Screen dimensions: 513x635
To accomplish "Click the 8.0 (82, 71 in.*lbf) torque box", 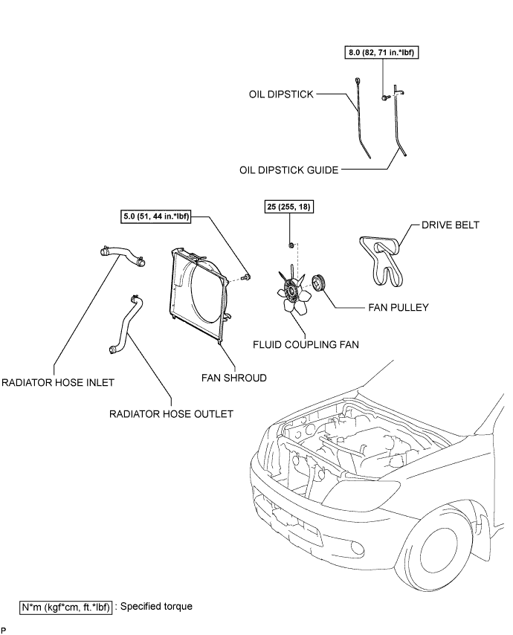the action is [381, 52].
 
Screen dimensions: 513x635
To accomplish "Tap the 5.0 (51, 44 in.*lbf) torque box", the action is [156, 216].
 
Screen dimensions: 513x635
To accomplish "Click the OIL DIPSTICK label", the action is [281, 94].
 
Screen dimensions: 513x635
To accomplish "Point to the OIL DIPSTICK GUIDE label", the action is [288, 170].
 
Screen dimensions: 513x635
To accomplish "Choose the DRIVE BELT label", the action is [451, 225].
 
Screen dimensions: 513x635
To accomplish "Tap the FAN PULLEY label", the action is [399, 307].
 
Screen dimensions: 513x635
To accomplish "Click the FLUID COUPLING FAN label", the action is [306, 344].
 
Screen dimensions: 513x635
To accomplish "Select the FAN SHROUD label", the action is [234, 378].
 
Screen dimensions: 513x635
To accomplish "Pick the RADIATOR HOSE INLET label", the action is [58, 383].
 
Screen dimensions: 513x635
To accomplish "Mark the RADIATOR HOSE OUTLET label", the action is [171, 414].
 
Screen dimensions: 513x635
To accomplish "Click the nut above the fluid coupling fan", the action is [291, 245].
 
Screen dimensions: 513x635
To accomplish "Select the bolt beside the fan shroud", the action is [245, 277].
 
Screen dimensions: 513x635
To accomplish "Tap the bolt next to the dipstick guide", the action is [384, 97].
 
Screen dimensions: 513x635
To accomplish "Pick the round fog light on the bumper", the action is [358, 547].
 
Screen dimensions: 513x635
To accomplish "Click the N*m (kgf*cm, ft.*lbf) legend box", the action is [65, 607].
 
